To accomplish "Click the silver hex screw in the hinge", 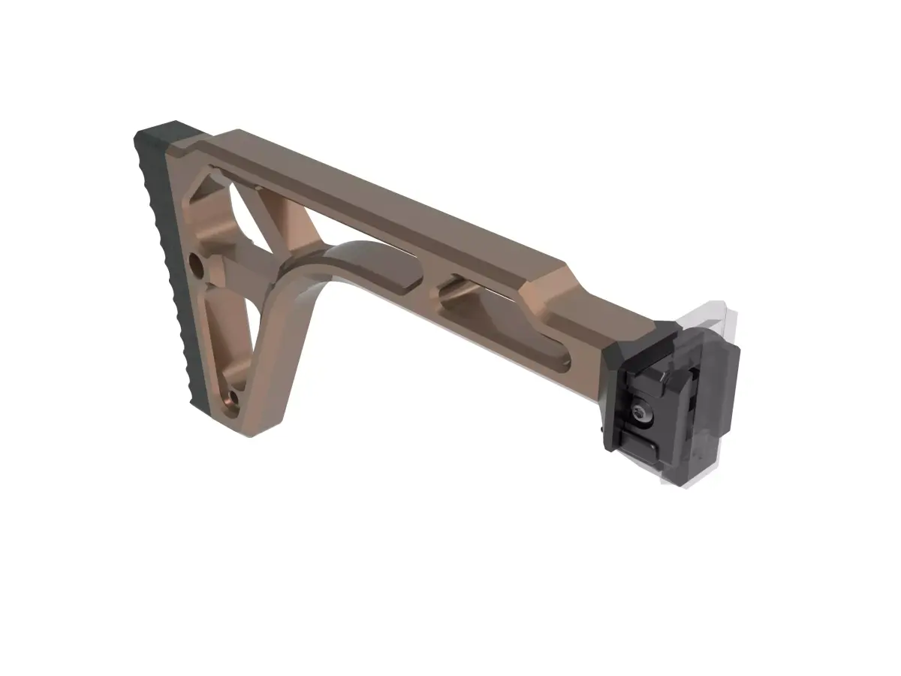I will [x=640, y=411].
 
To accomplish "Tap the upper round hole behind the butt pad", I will [x=197, y=265].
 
